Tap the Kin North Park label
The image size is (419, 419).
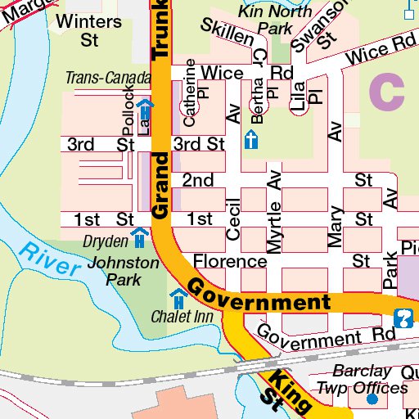[264, 20]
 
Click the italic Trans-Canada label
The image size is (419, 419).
[108, 79]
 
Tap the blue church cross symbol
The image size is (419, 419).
[252, 140]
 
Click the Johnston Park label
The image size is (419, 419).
[123, 271]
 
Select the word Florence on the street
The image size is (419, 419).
[230, 262]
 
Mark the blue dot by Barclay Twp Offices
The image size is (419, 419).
[372, 399]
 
